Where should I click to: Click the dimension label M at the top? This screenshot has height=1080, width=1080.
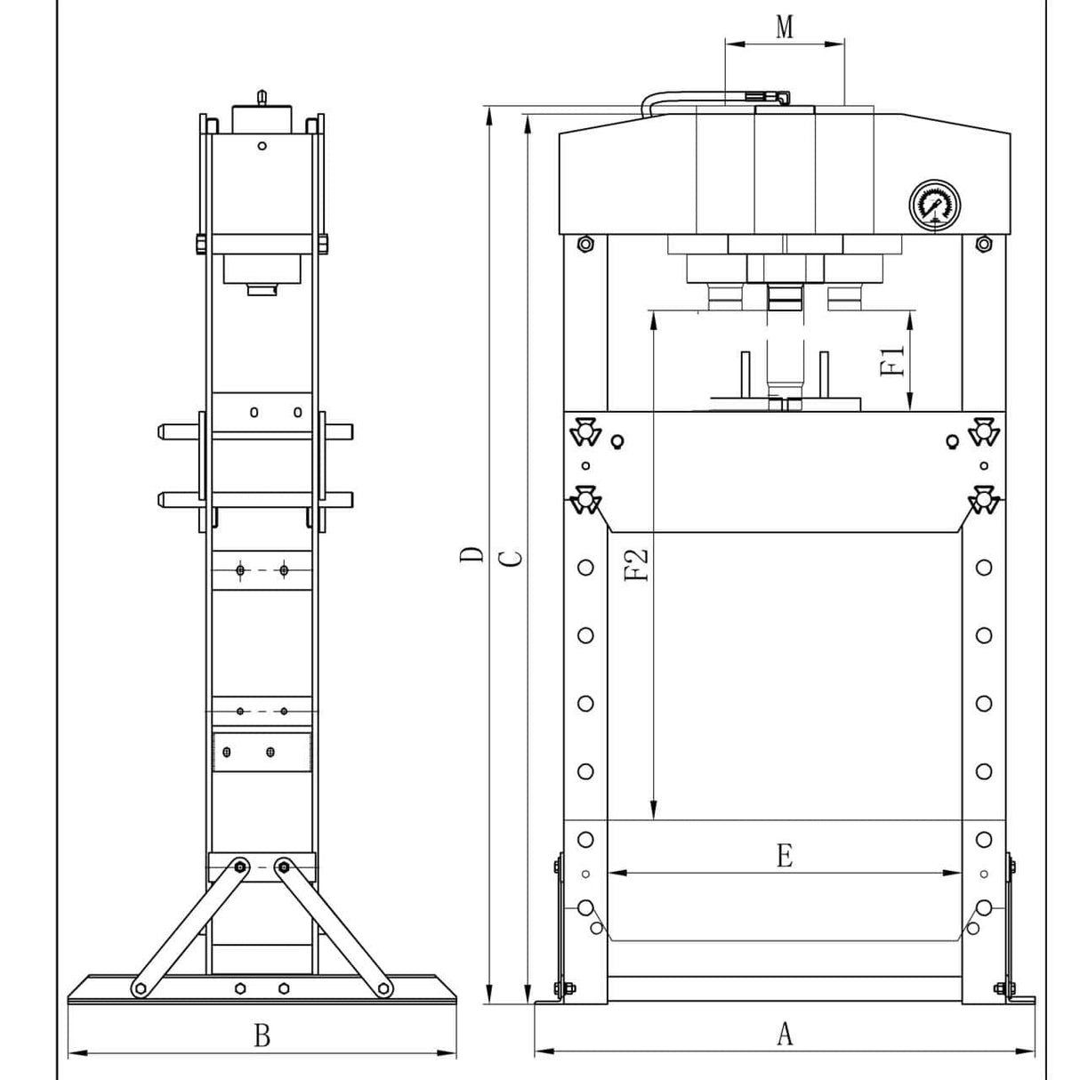coord(784,27)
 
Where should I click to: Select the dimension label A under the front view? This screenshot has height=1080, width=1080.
coord(784,1034)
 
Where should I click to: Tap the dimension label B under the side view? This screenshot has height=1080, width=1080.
coord(262,1036)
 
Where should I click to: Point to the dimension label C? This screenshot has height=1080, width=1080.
coord(510,557)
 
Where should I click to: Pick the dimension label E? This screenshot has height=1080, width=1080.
coord(784,856)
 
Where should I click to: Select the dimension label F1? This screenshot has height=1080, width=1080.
coord(892,360)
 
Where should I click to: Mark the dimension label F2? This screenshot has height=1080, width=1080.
coord(637,565)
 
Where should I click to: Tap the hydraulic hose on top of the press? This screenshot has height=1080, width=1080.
coord(703,96)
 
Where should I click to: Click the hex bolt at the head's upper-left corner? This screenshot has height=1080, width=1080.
coord(584,244)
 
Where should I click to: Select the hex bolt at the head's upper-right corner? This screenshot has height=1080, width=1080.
coord(983,244)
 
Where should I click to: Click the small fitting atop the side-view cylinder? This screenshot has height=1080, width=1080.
coord(261,94)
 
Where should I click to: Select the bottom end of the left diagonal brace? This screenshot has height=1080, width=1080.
coord(139,987)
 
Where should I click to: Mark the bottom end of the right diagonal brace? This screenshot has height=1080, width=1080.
coord(384,987)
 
